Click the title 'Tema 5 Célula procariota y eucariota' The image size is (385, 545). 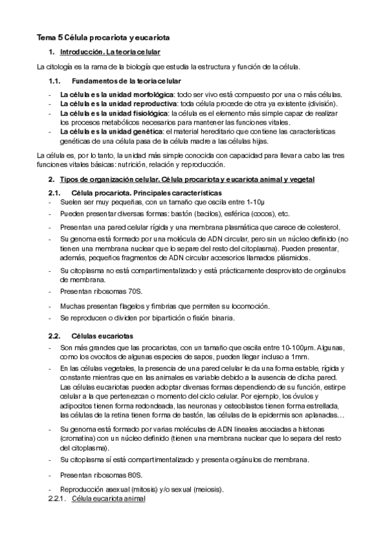[x=103, y=38]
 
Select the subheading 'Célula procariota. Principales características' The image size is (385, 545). [x=147, y=193]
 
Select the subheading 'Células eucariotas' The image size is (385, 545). [x=102, y=335]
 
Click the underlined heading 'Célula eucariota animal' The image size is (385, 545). [x=108, y=499]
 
